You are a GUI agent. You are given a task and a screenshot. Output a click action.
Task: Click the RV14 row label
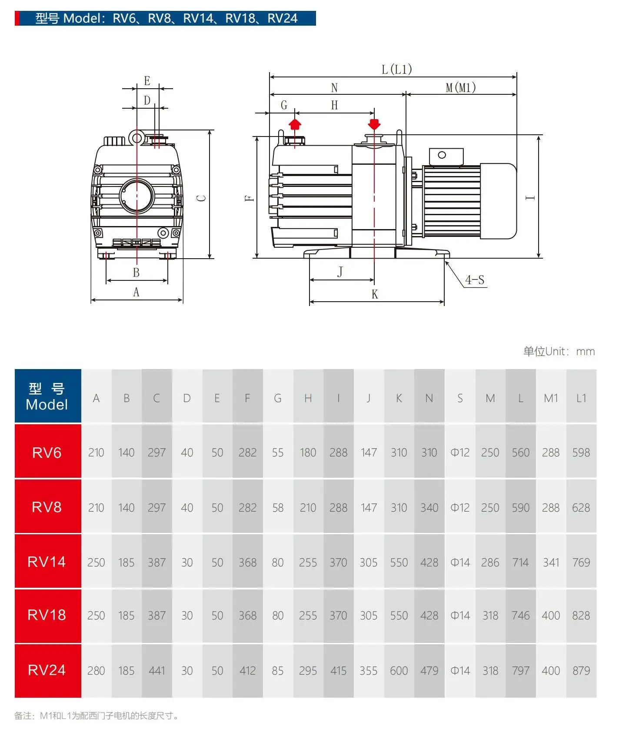coord(47,562)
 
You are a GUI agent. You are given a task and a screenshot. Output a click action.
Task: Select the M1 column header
coord(551,398)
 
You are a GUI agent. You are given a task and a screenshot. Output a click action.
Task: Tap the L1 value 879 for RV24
coord(581,671)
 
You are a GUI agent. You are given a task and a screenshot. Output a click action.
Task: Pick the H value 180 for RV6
coord(308,453)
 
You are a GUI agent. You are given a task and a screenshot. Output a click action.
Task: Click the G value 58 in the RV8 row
coord(278,508)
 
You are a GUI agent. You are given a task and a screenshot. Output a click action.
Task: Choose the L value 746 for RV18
coord(520,616)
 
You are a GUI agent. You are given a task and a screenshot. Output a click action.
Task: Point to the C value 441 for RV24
coord(156,671)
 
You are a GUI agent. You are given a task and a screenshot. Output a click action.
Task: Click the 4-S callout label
coord(475,280)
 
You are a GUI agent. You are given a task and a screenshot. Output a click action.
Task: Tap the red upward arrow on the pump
coord(295,124)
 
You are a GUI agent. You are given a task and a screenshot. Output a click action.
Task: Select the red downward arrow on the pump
coord(374,124)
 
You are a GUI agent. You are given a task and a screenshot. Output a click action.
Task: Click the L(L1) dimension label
coord(396,70)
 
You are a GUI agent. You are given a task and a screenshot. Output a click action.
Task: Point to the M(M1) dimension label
coord(461,88)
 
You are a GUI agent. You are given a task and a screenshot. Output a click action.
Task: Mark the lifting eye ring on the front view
coord(136,138)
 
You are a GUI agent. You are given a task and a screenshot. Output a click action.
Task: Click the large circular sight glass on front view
coord(137,195)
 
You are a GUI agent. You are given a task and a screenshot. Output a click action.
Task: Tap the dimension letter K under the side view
coord(375,294)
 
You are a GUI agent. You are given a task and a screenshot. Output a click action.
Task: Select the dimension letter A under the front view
coord(136,293)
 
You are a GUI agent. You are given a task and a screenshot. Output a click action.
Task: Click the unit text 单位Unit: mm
coord(559,351)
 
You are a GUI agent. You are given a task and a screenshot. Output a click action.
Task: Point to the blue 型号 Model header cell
coord(47,396)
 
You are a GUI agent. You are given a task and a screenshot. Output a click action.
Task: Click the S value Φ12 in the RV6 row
coord(460,453)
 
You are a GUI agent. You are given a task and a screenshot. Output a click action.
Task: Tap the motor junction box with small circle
coord(446,156)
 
